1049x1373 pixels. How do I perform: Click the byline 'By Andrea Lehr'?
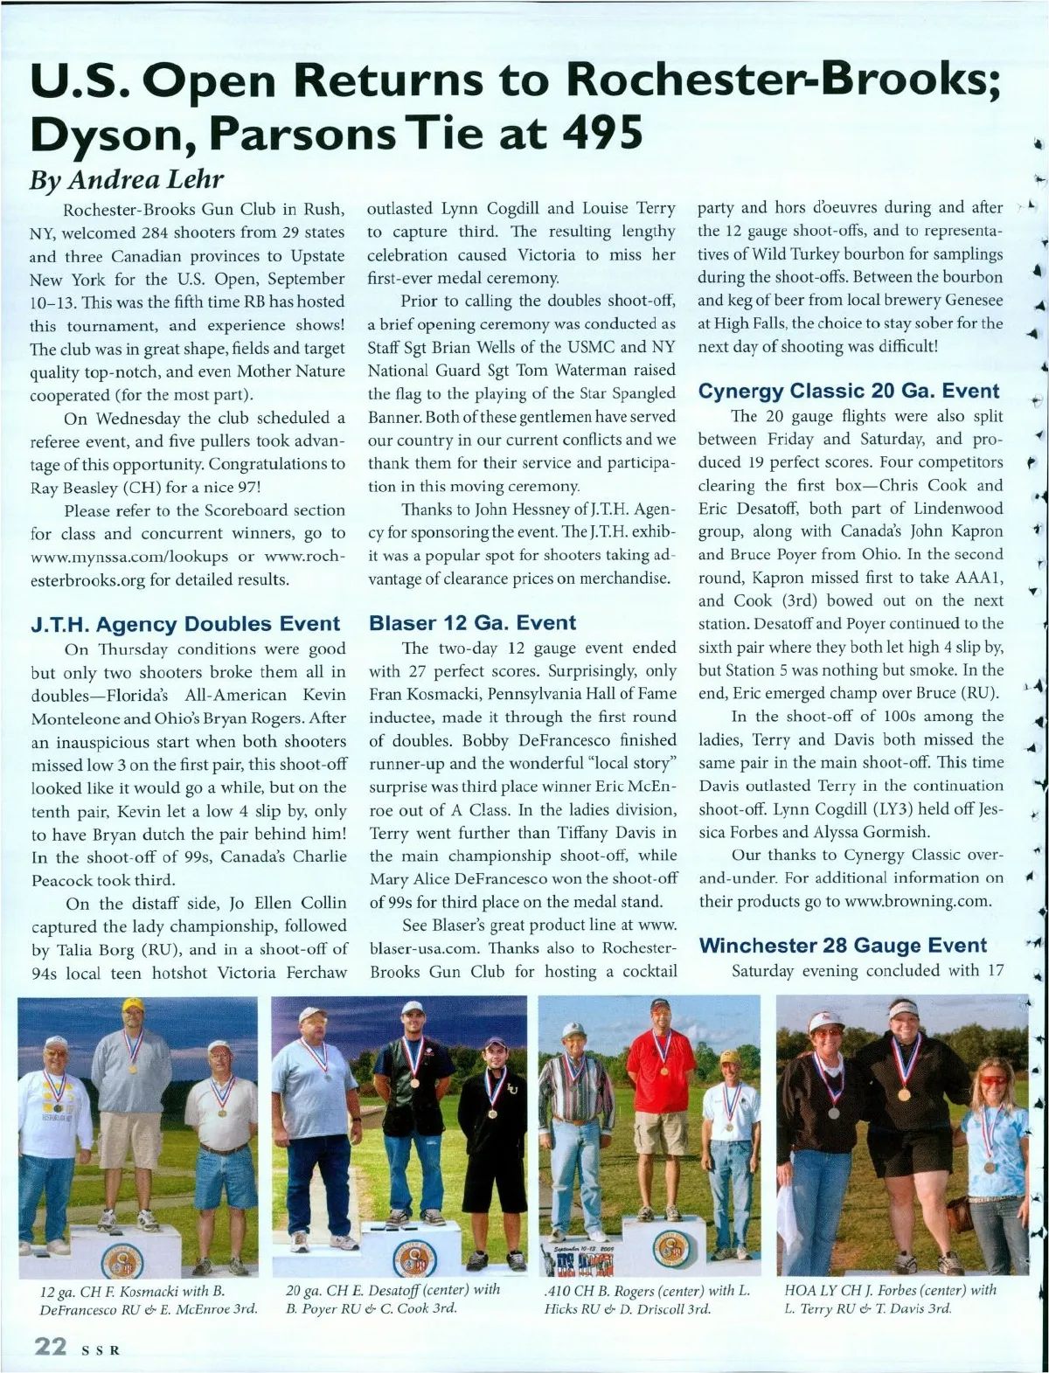pos(127,179)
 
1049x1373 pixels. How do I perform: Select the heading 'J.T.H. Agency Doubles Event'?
pos(184,624)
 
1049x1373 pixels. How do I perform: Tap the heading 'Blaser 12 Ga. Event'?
pos(472,623)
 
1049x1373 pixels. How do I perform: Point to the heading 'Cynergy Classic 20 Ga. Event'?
pos(848,391)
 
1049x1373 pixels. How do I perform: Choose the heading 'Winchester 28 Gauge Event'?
pos(843,945)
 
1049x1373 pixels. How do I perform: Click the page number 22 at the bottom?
pos(50,1347)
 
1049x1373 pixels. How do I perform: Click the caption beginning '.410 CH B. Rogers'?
pos(647,1300)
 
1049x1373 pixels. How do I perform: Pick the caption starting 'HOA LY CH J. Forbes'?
pos(890,1299)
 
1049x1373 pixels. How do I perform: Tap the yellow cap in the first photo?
pos(133,1005)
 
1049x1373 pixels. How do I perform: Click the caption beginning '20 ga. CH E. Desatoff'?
pos(393,1299)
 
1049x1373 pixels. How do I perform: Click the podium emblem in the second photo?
pos(414,1256)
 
